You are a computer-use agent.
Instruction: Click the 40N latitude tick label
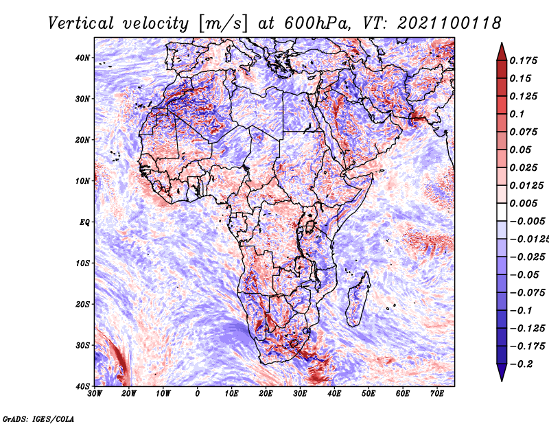click(x=82, y=58)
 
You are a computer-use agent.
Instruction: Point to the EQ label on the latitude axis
click(x=84, y=222)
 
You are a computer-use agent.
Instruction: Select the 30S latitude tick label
click(x=82, y=345)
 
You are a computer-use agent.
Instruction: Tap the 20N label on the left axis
click(x=82, y=140)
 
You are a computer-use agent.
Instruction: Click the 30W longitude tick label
click(x=95, y=394)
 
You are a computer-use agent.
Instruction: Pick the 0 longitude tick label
click(x=198, y=394)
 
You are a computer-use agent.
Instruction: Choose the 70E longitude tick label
click(x=436, y=394)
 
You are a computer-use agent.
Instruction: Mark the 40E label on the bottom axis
click(x=334, y=394)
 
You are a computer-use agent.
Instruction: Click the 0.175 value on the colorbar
click(x=523, y=60)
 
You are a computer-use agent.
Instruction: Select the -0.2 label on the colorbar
click(x=521, y=364)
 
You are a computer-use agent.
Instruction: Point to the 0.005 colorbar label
click(x=523, y=203)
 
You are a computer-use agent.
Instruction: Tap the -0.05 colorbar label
click(x=524, y=275)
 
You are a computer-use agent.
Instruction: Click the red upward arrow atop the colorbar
click(x=502, y=52)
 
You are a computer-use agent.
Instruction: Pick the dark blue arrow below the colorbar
click(x=502, y=373)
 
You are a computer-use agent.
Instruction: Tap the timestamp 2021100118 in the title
click(x=449, y=23)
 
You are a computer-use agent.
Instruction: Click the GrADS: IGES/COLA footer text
click(x=38, y=419)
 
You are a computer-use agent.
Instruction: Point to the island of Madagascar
click(x=358, y=299)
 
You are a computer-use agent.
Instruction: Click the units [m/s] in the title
click(x=223, y=24)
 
